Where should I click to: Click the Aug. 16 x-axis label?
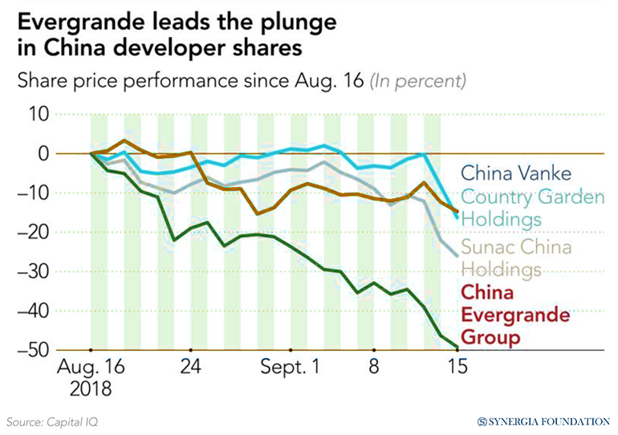coord(91,368)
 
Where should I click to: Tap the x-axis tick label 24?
coord(190,368)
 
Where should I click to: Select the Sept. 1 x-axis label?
coord(291,368)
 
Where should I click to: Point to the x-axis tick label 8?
coord(373,368)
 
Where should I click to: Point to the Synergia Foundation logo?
coord(543,421)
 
